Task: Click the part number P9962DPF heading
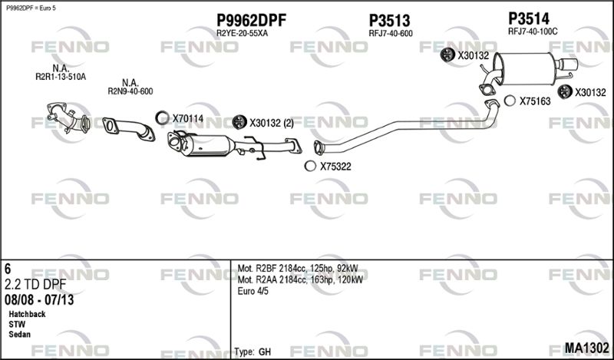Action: pyautogui.click(x=252, y=20)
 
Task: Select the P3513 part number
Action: pyautogui.click(x=389, y=21)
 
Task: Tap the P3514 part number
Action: pyautogui.click(x=529, y=18)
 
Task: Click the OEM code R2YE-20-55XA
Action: pyautogui.click(x=242, y=33)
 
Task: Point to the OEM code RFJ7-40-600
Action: pyautogui.click(x=391, y=34)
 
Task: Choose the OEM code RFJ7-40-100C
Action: pyautogui.click(x=533, y=31)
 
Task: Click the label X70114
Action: pyautogui.click(x=188, y=118)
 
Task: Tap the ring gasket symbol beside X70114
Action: pyautogui.click(x=162, y=117)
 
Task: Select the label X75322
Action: pyautogui.click(x=335, y=167)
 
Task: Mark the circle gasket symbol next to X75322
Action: pyautogui.click(x=310, y=166)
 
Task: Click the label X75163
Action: pyautogui.click(x=535, y=101)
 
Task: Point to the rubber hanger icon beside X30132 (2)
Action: pyautogui.click(x=239, y=122)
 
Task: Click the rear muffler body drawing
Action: pyautogui.click(x=525, y=68)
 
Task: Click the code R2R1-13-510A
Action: pyautogui.click(x=61, y=77)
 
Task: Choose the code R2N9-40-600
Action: pyautogui.click(x=130, y=91)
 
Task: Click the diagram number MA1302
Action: pyautogui.click(x=586, y=348)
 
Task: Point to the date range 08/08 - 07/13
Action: pyautogui.click(x=39, y=299)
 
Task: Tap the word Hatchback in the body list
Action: pyautogui.click(x=27, y=314)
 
